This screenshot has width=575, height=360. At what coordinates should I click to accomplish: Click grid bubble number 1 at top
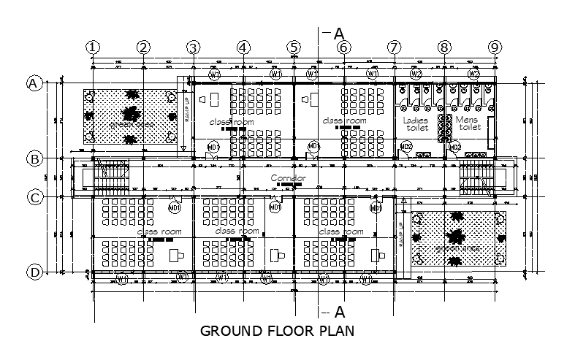pyautogui.click(x=92, y=47)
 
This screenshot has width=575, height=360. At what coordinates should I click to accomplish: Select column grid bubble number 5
pyautogui.click(x=294, y=47)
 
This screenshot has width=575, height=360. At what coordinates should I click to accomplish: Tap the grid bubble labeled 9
pyautogui.click(x=495, y=47)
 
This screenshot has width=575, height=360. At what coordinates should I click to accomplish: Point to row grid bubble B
pyautogui.click(x=34, y=158)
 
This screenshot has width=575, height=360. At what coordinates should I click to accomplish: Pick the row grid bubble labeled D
pyautogui.click(x=34, y=272)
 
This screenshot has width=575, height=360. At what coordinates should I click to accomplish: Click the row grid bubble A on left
pyautogui.click(x=34, y=83)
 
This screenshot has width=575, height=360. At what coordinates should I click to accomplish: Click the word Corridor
pyautogui.click(x=288, y=178)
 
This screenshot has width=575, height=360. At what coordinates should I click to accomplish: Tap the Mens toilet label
pyautogui.click(x=468, y=123)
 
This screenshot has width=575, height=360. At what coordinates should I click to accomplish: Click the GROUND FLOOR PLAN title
pyautogui.click(x=277, y=331)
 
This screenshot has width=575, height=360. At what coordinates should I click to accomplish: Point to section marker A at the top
pyautogui.click(x=338, y=33)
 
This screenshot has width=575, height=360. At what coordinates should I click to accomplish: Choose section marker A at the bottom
pyautogui.click(x=338, y=312)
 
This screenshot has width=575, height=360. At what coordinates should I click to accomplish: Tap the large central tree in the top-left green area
pyautogui.click(x=131, y=114)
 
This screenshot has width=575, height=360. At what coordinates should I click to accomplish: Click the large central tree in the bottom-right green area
pyautogui.click(x=457, y=236)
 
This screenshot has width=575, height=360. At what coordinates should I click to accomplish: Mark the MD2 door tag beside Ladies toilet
pyautogui.click(x=406, y=148)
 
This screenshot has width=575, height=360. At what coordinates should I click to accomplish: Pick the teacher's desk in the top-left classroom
pyautogui.click(x=216, y=98)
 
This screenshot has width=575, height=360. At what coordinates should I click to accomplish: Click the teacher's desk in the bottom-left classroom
pyautogui.click(x=177, y=255)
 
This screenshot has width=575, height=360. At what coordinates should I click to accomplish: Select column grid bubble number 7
pyautogui.click(x=395, y=47)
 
